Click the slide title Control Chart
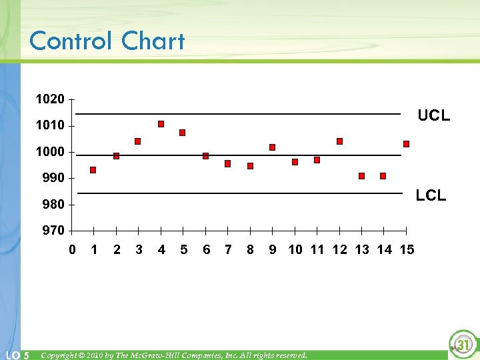point(107,41)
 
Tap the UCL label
point(433,115)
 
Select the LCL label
point(431,195)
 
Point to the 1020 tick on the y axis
point(50,99)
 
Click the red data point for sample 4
point(161,124)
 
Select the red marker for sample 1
point(93,170)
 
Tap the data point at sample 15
point(406,144)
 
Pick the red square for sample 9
point(272,147)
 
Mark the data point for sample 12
point(339,141)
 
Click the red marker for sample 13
point(361,176)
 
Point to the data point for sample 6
point(205,156)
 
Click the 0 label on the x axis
point(72,250)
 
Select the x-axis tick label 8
point(250,250)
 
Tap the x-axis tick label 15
point(407,250)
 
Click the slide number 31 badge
point(463,345)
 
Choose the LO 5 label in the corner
point(17,355)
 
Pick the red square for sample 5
point(182,133)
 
